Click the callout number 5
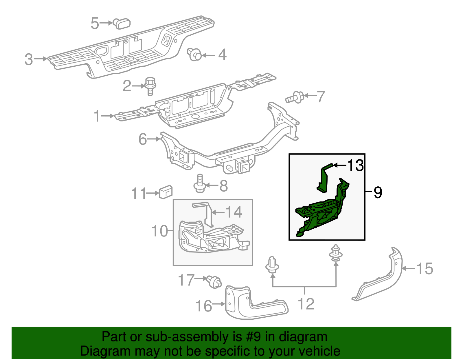(95, 23)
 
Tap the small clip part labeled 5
(122, 23)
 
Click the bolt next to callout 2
(150, 86)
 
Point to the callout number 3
(29, 59)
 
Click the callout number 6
(143, 139)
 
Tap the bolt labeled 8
(199, 184)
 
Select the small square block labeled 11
(166, 192)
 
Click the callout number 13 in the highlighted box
(355, 165)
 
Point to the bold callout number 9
(378, 192)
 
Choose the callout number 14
(234, 212)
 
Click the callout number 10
(159, 231)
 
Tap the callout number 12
(306, 304)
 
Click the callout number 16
(204, 306)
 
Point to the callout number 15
(425, 269)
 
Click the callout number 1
(97, 117)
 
